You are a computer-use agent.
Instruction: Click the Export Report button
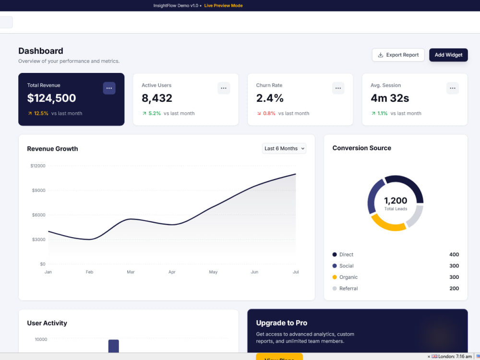click(398, 55)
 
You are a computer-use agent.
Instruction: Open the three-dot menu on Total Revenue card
click(109, 88)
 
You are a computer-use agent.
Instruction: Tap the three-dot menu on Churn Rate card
click(338, 88)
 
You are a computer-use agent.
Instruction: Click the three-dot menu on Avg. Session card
click(453, 88)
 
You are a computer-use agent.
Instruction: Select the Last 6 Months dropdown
click(284, 148)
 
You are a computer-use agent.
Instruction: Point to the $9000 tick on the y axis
click(38, 191)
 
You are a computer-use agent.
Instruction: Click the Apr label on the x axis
click(172, 272)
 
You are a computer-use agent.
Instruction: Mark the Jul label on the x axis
click(296, 272)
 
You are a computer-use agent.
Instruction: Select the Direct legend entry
click(343, 254)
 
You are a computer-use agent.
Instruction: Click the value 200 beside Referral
click(454, 288)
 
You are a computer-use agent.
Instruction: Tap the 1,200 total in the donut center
click(396, 201)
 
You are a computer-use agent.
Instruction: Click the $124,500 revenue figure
click(51, 98)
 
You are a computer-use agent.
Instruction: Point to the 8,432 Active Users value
click(157, 98)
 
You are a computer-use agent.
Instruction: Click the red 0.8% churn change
click(269, 113)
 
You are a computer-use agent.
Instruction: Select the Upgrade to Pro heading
click(282, 323)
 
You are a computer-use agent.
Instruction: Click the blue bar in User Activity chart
click(114, 346)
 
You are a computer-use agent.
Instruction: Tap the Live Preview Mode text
click(224, 5)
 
